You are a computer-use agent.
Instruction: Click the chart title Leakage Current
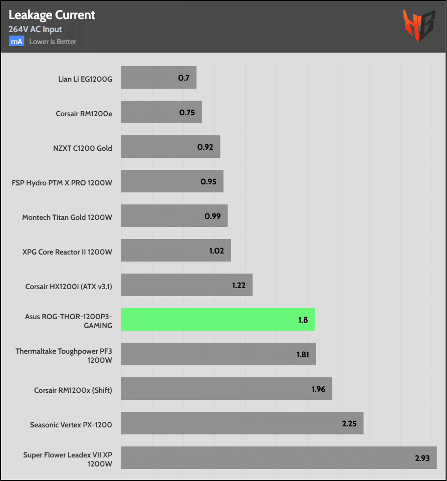coord(52,15)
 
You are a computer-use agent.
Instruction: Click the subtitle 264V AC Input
coord(35,29)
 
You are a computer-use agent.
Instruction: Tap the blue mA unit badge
coord(17,42)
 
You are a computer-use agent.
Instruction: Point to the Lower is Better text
coord(53,42)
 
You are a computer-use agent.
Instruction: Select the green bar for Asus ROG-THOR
coord(218,320)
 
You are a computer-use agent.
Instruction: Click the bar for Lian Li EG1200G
coord(158,78)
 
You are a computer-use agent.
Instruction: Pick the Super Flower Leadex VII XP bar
coord(279,458)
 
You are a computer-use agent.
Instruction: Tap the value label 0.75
coord(187,112)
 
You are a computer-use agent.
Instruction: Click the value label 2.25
coord(349,423)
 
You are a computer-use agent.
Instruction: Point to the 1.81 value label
coord(303,354)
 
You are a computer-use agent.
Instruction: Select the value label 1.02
coord(216,251)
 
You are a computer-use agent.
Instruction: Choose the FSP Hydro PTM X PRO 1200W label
coord(62,182)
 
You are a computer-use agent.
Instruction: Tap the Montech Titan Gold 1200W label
coord(67,217)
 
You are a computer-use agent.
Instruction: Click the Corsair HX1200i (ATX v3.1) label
coord(69,287)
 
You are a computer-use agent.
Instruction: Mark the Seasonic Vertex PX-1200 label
coord(71,425)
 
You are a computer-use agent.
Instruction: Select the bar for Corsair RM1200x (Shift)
coord(227,389)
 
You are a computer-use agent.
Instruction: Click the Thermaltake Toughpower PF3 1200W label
coord(64,355)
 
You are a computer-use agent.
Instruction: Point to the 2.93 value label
coord(422,458)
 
